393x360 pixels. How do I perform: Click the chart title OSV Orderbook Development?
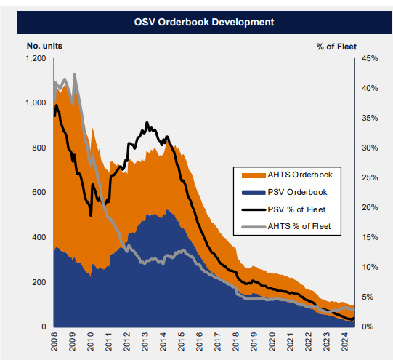coord(196,22)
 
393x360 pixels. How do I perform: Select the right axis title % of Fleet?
coord(336,45)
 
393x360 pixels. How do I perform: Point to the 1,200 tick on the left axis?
coord(36,58)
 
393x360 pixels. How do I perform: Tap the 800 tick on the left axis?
coord(40,148)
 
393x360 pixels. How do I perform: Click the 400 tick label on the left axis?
coord(40,237)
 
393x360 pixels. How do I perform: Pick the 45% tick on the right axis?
coord(370,58)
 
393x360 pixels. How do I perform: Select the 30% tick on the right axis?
coord(370,148)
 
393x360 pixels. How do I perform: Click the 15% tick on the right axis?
coord(370,237)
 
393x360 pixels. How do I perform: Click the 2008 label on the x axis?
coord(54,342)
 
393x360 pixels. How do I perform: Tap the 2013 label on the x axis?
coord(145,342)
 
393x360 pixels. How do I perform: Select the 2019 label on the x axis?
coord(254,342)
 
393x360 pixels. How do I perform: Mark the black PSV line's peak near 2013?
coord(147,123)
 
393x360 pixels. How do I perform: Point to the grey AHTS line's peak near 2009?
coord(75,74)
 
